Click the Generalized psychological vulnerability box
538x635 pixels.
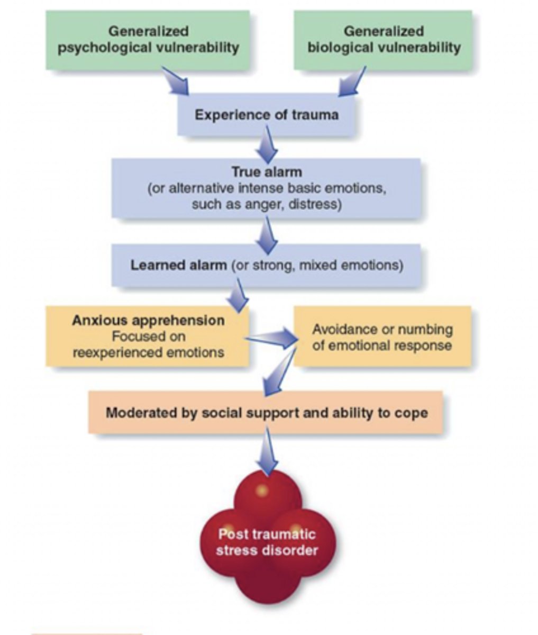coord(148,40)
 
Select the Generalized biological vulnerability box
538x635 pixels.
coord(383,40)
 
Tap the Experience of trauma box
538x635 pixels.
coord(266,115)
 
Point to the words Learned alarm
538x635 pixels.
coord(178,265)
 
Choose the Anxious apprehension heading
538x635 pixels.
coord(148,320)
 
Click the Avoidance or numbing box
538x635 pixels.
coord(382,337)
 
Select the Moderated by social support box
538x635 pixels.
coord(266,412)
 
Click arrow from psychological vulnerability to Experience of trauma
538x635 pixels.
coord(176,80)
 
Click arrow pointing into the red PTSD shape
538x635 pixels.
coord(268,452)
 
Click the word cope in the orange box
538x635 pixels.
coord(410,412)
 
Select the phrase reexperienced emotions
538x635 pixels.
coord(148,352)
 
